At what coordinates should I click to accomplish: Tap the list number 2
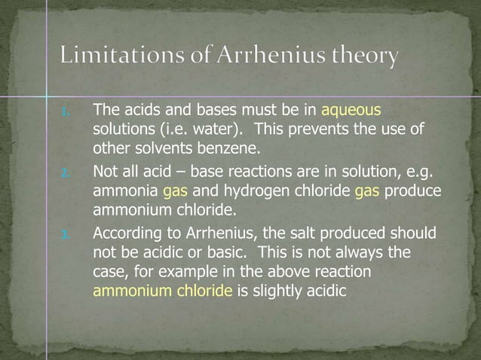66,172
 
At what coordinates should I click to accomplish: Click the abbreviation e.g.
422,172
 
